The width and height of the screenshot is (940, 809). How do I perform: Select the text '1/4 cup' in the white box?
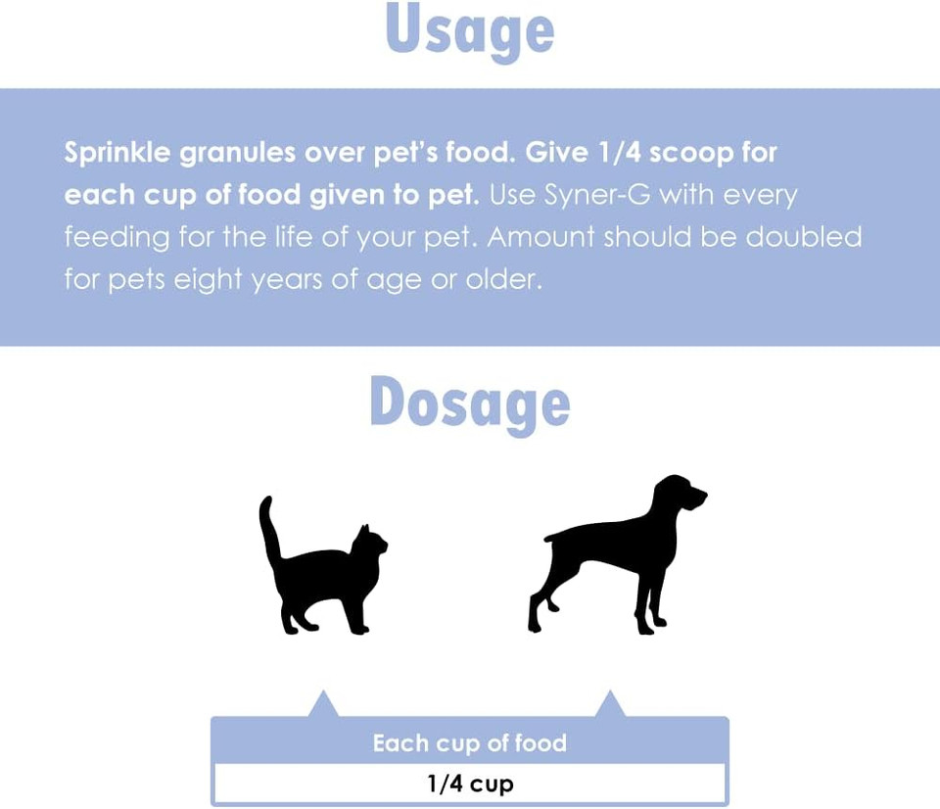point(470,784)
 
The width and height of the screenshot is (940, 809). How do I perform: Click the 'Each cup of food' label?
point(470,743)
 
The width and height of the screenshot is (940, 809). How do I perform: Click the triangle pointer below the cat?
point(323,705)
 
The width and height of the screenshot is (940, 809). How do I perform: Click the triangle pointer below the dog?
point(610,705)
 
